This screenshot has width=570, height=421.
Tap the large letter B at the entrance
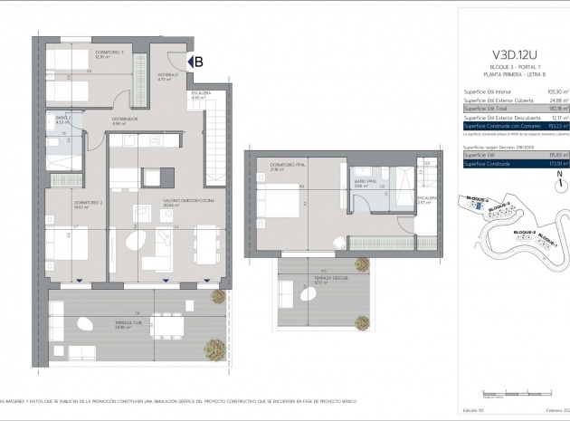[x=198, y=62]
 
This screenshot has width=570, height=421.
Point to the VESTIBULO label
[x=165, y=78]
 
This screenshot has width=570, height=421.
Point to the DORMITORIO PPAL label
[x=273, y=166]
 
